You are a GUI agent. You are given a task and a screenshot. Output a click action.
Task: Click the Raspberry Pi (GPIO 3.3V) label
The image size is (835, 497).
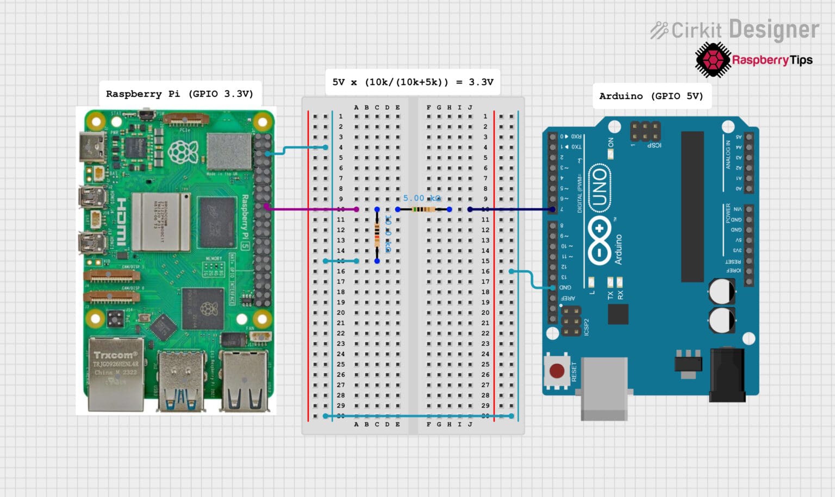(179, 94)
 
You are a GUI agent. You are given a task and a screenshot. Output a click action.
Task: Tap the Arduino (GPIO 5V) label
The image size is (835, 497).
(651, 96)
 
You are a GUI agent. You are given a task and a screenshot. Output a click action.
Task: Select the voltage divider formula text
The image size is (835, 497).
(413, 82)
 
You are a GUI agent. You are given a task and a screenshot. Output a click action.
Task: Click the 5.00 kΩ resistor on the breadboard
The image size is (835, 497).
(424, 209)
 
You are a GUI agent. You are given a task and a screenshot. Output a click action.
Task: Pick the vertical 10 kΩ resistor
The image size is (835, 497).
(377, 235)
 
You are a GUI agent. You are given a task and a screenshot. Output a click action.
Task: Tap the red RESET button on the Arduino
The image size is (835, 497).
(557, 371)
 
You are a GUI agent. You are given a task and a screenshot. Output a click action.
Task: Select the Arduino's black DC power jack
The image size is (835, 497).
(727, 375)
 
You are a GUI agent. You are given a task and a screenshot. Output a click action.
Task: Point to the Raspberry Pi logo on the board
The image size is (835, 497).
(183, 152)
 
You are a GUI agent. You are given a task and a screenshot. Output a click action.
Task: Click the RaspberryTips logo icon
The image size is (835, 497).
(712, 60)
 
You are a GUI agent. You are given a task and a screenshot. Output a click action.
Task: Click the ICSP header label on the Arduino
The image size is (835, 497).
(654, 145)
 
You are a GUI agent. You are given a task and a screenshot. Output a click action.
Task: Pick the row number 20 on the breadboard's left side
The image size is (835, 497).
(341, 313)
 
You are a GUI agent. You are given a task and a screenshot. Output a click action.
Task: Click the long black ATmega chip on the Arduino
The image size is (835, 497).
(692, 207)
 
